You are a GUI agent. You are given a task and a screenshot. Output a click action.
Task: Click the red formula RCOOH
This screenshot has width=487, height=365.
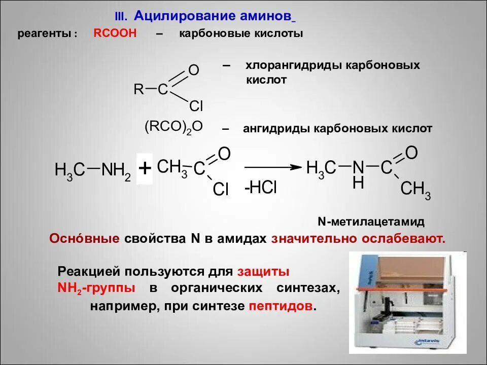[x=115, y=34]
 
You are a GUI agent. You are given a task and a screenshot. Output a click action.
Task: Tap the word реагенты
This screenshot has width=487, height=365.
[x=48, y=34]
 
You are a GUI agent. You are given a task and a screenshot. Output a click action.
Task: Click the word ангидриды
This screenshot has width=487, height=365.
[x=276, y=129]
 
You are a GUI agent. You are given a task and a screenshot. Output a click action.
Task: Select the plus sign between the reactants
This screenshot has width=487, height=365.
[x=145, y=168]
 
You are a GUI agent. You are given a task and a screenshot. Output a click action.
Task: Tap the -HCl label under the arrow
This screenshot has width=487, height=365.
[x=261, y=188]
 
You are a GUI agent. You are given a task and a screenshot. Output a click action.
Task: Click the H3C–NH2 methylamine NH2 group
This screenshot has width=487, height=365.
[x=116, y=170]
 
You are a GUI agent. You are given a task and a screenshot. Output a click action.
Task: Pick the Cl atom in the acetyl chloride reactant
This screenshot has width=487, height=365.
[x=221, y=190]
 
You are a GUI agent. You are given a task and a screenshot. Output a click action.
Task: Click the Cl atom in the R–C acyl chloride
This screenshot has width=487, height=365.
[x=196, y=106]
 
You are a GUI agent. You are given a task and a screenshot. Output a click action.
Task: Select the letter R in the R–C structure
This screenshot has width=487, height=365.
[x=138, y=90]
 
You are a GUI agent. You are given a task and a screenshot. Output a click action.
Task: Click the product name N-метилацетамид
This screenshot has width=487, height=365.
[x=371, y=222]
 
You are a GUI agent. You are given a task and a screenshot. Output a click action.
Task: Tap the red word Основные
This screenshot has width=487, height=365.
[x=84, y=238]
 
